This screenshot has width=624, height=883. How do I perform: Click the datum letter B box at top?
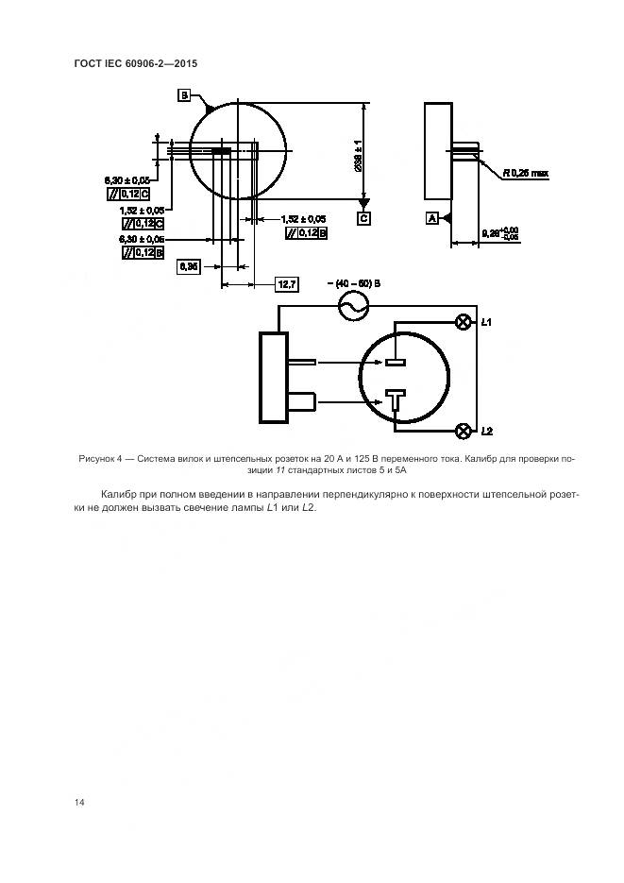[x=184, y=94]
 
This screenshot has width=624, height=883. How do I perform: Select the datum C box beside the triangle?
[x=363, y=218]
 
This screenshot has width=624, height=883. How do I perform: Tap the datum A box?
[x=432, y=218]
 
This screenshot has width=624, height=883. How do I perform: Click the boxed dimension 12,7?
[x=287, y=283]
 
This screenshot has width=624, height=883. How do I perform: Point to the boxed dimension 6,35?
[x=187, y=267]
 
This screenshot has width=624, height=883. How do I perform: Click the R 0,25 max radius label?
[x=525, y=173]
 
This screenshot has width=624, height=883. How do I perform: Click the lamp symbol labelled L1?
[x=464, y=322]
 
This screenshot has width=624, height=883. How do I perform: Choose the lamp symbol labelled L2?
[x=464, y=432]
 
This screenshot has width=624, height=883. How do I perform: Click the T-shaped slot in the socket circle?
[x=395, y=400]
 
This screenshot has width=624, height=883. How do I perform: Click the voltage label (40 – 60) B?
[x=354, y=282]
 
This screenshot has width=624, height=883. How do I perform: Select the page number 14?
[x=79, y=802]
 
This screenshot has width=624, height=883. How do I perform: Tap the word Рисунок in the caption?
[x=99, y=459]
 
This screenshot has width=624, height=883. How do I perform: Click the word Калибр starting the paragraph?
[x=117, y=494]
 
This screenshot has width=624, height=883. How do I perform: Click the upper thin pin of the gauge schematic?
[x=305, y=361]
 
